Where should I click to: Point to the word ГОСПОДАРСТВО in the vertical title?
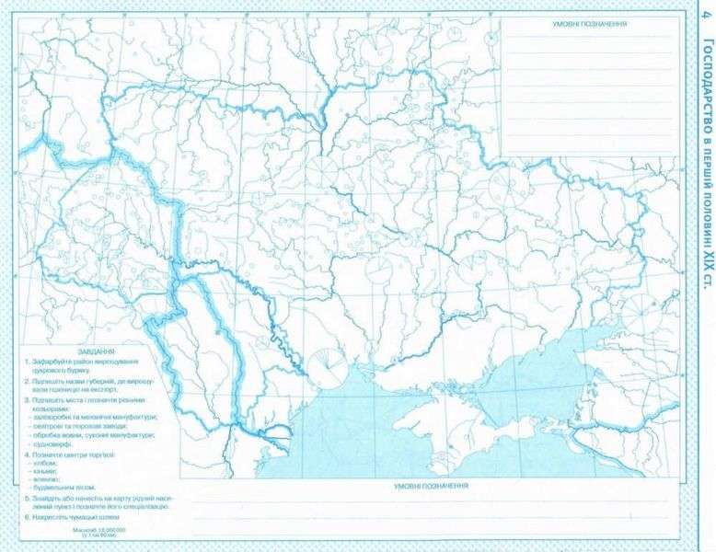[705, 87]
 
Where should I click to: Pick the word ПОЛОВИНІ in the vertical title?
[705, 213]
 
